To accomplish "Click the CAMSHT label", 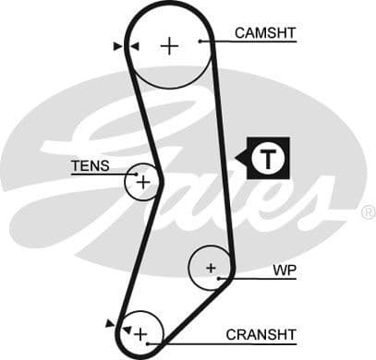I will coord(264,33).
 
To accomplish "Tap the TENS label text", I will coord(90,166).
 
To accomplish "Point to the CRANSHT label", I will coord(261,334).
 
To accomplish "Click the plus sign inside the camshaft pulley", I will coord(168,45).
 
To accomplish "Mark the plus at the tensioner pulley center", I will coord(142,182).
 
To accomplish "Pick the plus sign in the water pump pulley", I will coord(211,269).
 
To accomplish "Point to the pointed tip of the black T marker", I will coord(237,159).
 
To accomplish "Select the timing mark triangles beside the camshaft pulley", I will coord(126,45).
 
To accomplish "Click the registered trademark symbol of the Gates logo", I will coord(369,211).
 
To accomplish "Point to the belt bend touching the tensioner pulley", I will coord(157,180).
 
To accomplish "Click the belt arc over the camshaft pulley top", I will coord(170,6).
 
